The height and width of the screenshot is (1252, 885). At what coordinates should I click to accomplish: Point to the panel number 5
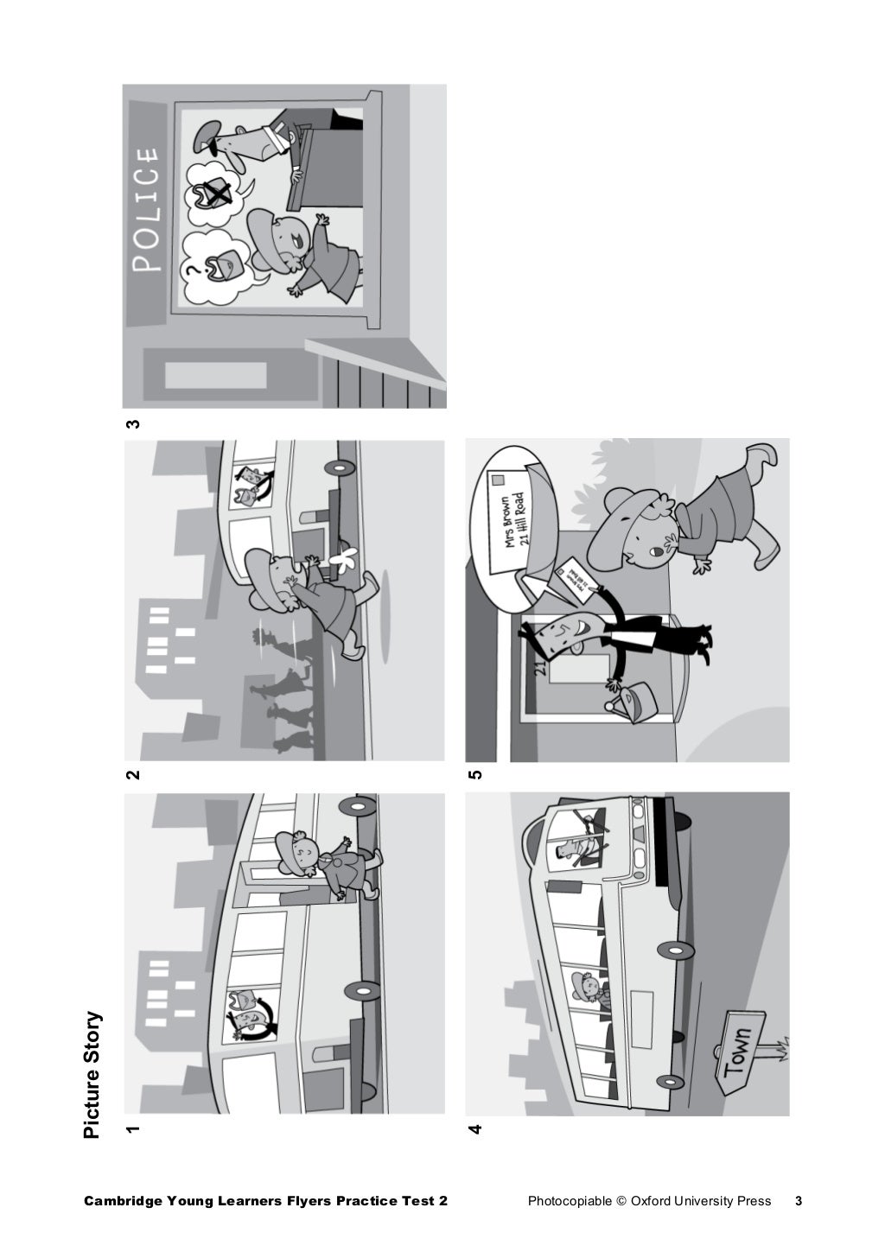point(474,775)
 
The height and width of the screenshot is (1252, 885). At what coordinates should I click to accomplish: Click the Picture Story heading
point(92,1075)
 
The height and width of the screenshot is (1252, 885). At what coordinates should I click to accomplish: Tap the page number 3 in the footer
point(798,1201)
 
